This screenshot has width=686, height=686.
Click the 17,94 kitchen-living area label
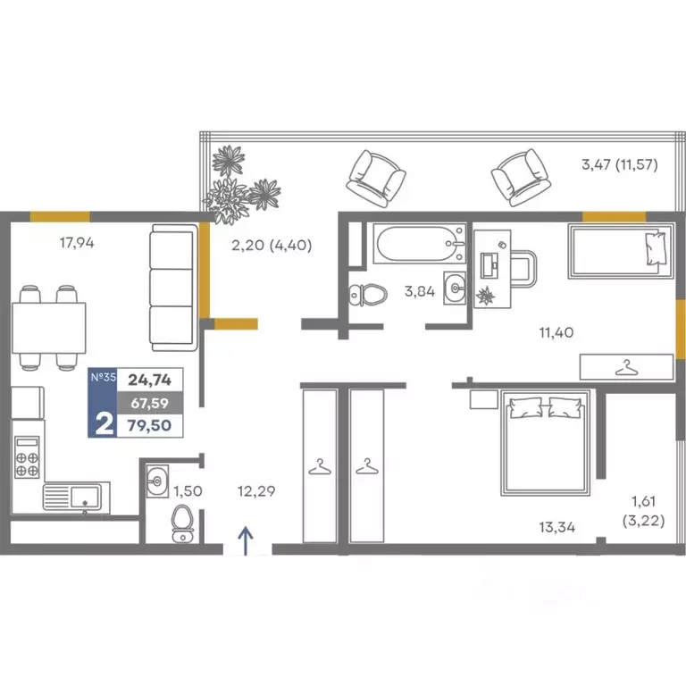[77, 242]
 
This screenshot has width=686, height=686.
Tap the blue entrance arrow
[246, 540]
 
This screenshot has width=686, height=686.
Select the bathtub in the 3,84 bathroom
[419, 244]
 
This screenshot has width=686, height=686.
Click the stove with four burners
[27, 457]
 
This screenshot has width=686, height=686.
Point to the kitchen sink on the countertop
[77, 497]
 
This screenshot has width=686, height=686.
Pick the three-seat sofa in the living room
[173, 288]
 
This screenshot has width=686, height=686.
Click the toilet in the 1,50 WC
[182, 523]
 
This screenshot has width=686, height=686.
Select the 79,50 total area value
[149, 425]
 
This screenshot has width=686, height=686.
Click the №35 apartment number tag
[104, 377]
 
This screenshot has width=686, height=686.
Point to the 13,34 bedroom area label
[557, 527]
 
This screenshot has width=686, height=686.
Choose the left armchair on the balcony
[376, 179]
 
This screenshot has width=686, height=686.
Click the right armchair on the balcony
[520, 178]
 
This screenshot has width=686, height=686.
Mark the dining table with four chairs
[49, 328]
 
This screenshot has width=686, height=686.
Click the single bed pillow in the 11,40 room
[656, 248]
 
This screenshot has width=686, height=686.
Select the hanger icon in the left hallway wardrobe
[320, 466]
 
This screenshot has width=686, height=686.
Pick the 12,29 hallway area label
[256, 491]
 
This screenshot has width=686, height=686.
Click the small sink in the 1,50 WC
[157, 481]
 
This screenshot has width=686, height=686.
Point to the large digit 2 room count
[104, 424]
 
